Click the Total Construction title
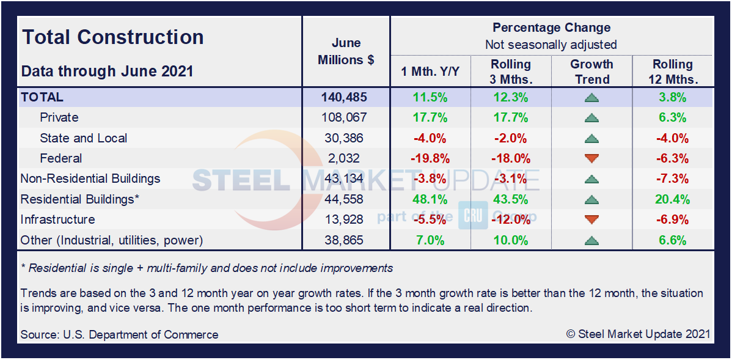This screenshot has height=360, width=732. [113, 37]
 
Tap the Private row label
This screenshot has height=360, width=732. [59, 117]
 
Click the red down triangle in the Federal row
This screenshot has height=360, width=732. [591, 159]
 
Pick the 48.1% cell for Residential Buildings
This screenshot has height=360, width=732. [430, 199]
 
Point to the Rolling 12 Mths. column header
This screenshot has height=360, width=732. [672, 72]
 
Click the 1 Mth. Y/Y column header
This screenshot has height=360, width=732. [430, 72]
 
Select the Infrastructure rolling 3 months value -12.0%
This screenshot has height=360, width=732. [510, 220]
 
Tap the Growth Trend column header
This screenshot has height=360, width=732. [591, 72]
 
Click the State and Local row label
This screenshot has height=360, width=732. [83, 138]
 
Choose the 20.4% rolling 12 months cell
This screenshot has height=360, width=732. [672, 199]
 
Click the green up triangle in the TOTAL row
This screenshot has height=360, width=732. [591, 98]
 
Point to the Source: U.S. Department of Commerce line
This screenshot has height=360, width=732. [119, 334]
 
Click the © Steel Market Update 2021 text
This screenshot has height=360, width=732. [638, 334]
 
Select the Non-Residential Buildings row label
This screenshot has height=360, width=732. [90, 179]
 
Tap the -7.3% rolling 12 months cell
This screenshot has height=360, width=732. [672, 179]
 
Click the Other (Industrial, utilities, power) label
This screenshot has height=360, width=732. [112, 240]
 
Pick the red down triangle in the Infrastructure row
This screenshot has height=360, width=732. [591, 220]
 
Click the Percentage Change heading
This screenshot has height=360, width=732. [551, 28]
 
